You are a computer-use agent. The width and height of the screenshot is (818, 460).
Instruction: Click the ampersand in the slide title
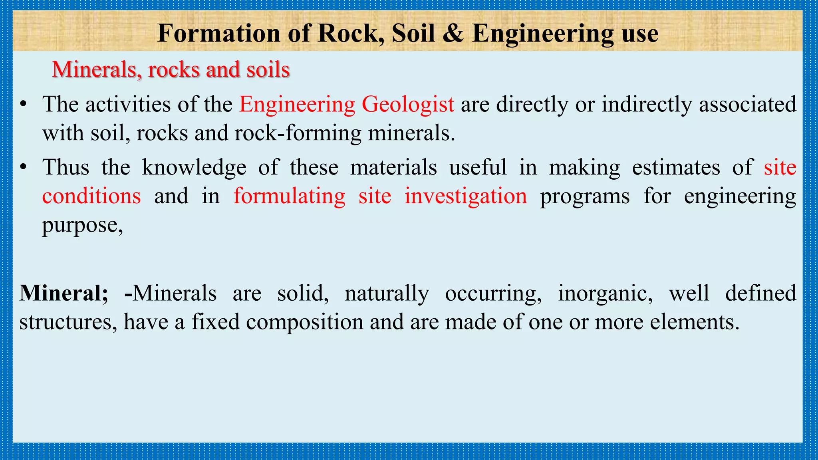click(x=453, y=34)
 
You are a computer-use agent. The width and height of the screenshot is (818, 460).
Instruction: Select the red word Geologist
click(x=408, y=105)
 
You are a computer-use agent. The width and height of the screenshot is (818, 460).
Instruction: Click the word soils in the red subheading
click(x=268, y=70)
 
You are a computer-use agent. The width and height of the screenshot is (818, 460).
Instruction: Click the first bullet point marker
click(x=24, y=105)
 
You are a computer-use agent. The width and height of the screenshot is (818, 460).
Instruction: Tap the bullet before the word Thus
click(x=24, y=167)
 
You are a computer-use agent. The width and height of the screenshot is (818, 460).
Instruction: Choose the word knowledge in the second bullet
click(x=194, y=167)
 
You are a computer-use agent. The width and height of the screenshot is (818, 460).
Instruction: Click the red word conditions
click(x=91, y=196)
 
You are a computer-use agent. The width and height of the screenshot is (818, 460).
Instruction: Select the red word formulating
click(x=289, y=196)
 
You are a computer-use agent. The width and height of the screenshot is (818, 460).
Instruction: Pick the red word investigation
click(x=466, y=196)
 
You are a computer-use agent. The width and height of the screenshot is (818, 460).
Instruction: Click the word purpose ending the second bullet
click(x=82, y=226)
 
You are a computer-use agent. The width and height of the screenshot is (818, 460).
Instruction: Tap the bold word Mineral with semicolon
click(x=64, y=293)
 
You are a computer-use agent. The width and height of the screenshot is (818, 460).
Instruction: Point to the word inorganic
click(x=605, y=293)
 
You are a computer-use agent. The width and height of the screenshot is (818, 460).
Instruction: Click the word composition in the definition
click(x=304, y=322)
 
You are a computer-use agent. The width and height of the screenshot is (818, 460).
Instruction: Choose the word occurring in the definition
click(x=493, y=293)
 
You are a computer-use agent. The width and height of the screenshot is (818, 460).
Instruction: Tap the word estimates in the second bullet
click(x=676, y=167)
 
